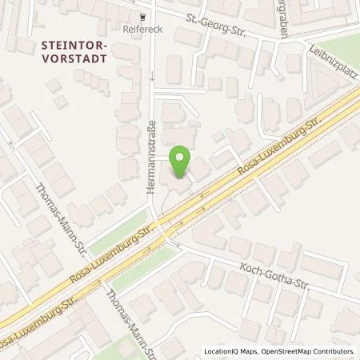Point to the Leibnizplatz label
click(x=328, y=58)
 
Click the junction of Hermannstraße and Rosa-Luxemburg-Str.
click(x=161, y=226)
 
